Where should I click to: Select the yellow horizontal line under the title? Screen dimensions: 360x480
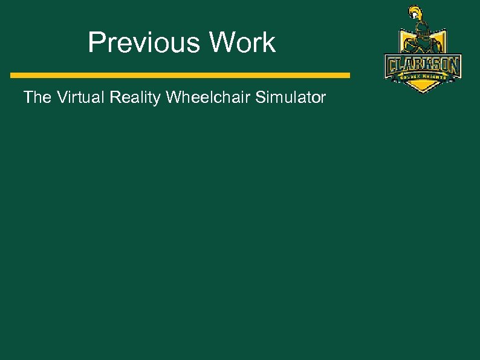[180, 75]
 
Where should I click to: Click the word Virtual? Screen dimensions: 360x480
[79, 97]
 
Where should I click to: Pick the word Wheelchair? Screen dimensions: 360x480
[208, 97]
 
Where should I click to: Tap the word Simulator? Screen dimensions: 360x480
[291, 97]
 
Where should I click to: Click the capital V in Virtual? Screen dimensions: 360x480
[62, 97]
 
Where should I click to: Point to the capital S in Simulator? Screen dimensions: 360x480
[260, 97]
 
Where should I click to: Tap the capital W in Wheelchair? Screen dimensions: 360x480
[174, 97]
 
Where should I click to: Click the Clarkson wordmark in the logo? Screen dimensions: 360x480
[423, 65]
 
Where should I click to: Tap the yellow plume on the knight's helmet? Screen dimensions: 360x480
[414, 12]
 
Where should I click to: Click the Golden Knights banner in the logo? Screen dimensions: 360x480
[423, 77]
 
